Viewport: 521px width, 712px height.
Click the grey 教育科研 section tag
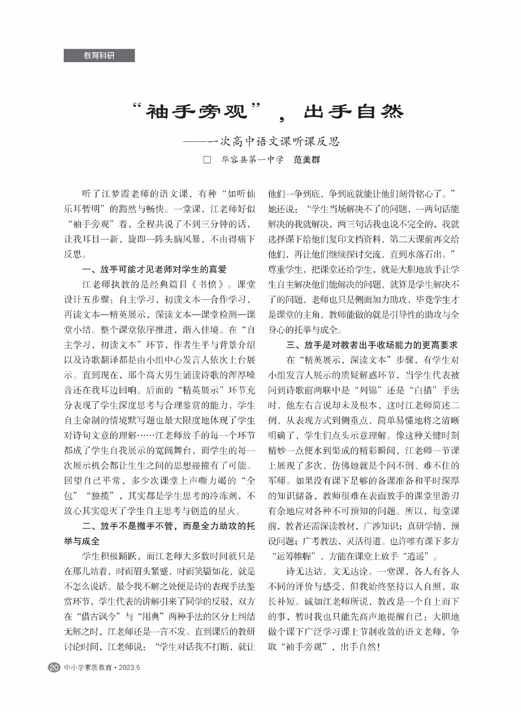point(99,55)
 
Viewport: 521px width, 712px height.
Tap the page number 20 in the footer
point(53,667)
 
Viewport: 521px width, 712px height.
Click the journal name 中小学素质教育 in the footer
point(88,667)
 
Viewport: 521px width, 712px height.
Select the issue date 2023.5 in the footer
point(129,667)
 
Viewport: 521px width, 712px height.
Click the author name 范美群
point(307,159)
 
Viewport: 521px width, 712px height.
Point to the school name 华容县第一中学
point(252,159)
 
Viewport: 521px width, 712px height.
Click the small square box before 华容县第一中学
point(208,159)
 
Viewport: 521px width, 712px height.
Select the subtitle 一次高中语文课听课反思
point(274,141)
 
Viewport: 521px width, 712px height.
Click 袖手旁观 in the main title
point(197,111)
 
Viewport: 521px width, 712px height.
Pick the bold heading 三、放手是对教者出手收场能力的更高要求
point(372,345)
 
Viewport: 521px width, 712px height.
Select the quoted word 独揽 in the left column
point(101,496)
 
